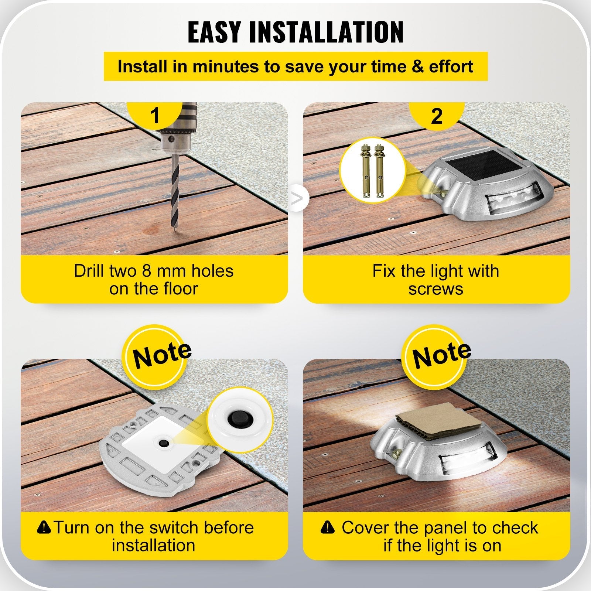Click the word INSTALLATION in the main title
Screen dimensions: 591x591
pyautogui.click(x=327, y=32)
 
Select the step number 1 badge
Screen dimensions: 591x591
pyautogui.click(x=155, y=115)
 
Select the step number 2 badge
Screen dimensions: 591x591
pyautogui.click(x=437, y=116)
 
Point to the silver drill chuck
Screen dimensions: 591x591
pyautogui.click(x=174, y=140)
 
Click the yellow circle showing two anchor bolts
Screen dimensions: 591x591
pyautogui.click(x=372, y=169)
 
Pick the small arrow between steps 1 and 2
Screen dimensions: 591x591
pyautogui.click(x=297, y=198)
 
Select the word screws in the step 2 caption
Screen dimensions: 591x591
pyautogui.click(x=436, y=289)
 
